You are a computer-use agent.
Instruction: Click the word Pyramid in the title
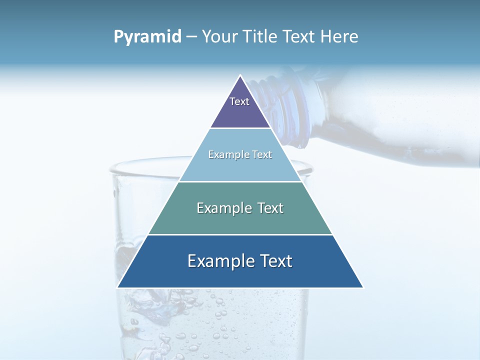coord(147,37)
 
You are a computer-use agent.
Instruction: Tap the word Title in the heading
coord(262,37)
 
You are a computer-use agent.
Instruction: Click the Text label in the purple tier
coord(239,101)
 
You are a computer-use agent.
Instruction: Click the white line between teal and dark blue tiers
coord(240,234)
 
